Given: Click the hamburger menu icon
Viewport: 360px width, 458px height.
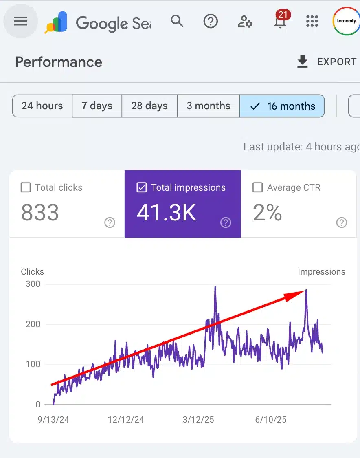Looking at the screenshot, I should coord(21,22).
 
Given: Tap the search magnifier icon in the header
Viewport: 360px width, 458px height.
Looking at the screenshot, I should coord(177,21).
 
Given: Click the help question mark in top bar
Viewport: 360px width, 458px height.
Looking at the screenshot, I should coord(211,21).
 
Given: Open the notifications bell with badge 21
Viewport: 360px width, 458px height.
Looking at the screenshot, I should coord(280,22).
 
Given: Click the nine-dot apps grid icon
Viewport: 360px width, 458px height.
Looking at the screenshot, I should coord(312,22).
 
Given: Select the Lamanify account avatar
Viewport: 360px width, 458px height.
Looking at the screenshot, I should coord(346,21).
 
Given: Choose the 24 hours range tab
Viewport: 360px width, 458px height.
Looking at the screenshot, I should coord(42,106).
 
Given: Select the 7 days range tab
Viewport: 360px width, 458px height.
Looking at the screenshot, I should coord(97,106).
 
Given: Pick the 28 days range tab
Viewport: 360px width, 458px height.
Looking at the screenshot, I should coord(149,106).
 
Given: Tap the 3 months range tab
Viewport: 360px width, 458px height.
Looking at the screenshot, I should coord(209,106).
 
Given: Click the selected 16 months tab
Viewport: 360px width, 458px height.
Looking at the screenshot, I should coord(283,106).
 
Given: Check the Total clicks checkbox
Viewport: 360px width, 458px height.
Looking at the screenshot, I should coord(26,187).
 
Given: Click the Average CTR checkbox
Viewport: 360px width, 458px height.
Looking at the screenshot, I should coord(257,187).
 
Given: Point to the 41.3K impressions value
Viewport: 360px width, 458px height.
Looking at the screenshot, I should coord(167,213).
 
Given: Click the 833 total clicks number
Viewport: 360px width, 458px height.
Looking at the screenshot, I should coord(40,213).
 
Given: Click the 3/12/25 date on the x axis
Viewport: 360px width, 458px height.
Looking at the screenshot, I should coord(198,419).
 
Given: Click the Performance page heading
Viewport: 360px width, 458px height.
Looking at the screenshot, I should coord(59,62).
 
